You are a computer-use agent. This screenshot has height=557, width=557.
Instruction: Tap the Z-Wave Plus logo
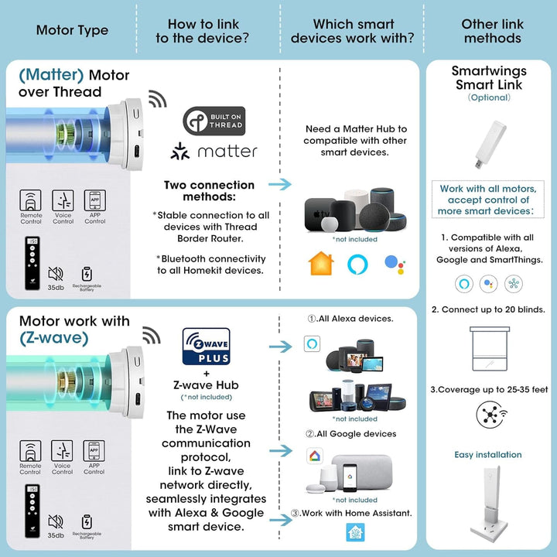pyautogui.click(x=206, y=347)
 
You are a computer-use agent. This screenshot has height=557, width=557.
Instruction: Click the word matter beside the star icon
pyautogui.click(x=226, y=151)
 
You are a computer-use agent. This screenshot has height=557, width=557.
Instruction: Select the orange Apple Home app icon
pyautogui.click(x=320, y=264)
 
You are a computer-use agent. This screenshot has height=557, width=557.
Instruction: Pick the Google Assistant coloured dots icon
pyautogui.click(x=395, y=265)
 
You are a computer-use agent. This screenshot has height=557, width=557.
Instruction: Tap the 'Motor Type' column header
pyautogui.click(x=72, y=31)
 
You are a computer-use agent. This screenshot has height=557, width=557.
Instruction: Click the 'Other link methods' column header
pyautogui.click(x=492, y=31)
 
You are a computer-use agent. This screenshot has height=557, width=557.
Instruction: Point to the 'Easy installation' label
pyautogui.click(x=488, y=455)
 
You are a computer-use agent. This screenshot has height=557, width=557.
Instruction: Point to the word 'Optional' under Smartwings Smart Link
pyautogui.click(x=488, y=98)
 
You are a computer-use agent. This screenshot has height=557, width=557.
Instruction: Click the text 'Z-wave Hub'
pyautogui.click(x=206, y=385)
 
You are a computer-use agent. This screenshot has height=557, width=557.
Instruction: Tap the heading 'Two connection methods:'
pyautogui.click(x=209, y=191)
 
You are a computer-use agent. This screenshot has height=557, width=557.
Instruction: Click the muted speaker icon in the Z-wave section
pyautogui.click(x=56, y=522)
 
